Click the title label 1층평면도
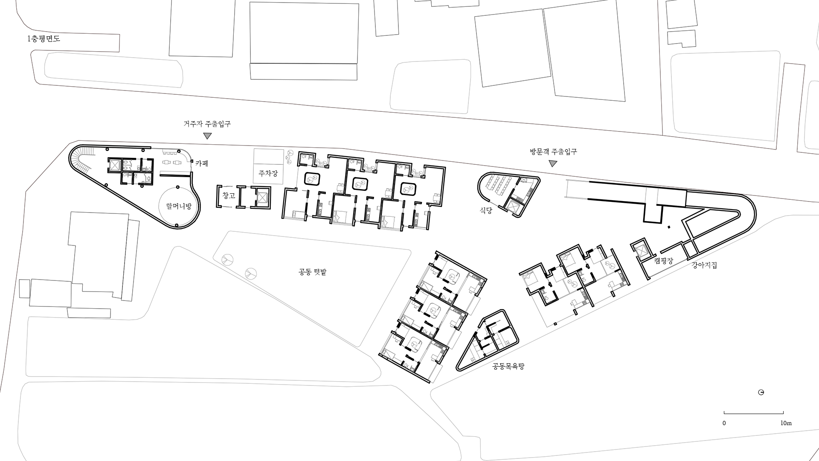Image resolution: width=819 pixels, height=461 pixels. [44, 39]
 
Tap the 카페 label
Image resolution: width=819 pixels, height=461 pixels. [202, 163]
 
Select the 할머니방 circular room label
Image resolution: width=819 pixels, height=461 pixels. [179, 206]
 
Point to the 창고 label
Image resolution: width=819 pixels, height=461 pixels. [229, 195]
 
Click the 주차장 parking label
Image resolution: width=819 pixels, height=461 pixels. [268, 173]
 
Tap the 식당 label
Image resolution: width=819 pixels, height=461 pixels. [486, 210]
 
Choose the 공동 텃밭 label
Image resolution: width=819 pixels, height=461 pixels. [312, 272]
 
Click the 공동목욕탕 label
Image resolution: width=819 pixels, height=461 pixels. [508, 366]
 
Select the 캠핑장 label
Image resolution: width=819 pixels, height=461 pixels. [663, 261]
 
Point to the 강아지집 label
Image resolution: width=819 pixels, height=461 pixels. [704, 265]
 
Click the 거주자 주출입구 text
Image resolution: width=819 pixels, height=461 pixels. [207, 124]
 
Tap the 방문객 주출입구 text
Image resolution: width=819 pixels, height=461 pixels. [553, 152]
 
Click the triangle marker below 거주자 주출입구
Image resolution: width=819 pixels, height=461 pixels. [207, 136]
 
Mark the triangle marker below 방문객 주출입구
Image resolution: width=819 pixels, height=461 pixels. [553, 163]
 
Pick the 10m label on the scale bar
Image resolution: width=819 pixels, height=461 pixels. [786, 423]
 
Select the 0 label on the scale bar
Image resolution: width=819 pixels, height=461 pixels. [724, 423]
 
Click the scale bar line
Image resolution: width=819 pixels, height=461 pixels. [754, 413]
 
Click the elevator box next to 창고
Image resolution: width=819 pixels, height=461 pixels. [261, 198]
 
